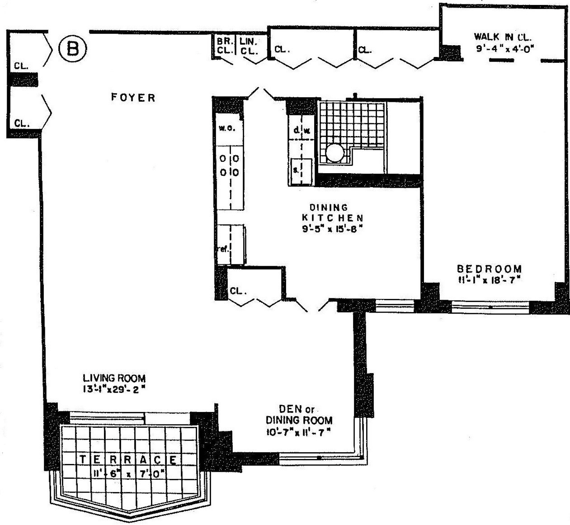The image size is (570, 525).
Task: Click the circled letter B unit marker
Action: click(72, 49)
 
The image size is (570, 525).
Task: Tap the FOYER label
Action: click(133, 97)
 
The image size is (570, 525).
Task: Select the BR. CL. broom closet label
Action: click(224, 46)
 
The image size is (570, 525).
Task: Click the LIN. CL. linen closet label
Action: click(248, 46)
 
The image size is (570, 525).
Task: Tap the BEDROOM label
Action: click(489, 269)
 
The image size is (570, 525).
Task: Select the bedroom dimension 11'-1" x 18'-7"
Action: click(489, 280)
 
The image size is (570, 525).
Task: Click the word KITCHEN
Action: click(332, 217)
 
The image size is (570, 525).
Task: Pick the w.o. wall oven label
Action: click(227, 128)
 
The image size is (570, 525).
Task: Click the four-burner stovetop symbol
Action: click(229, 166)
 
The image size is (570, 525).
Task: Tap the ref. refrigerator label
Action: click(223, 249)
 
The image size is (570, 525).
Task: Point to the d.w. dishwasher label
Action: click(301, 130)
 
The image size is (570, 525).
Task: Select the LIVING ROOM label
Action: click(114, 378)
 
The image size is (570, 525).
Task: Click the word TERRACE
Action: click(128, 460)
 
